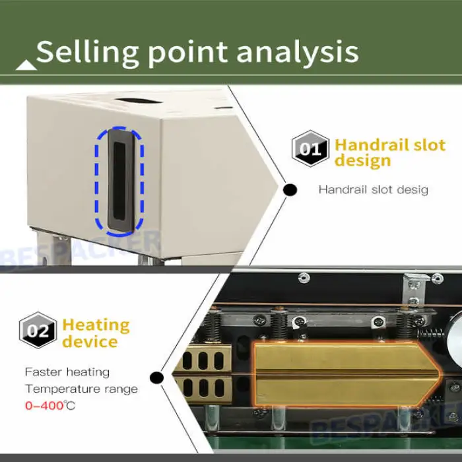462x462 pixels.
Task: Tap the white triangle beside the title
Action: coord(26,64)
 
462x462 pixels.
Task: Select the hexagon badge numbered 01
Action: coord(310,148)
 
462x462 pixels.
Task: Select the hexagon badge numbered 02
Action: coord(38,330)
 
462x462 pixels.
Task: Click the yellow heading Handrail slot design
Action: coord(389,153)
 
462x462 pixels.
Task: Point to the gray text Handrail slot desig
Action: coord(373,190)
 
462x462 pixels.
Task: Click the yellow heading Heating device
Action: coord(96,333)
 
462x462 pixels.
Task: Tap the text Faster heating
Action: coord(67,372)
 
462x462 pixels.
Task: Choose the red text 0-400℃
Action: coord(50,405)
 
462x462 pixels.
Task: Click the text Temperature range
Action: coord(81,389)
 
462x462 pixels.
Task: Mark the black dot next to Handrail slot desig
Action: coord(290,190)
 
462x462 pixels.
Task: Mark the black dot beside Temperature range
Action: coord(156,378)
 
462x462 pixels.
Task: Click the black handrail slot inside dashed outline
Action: coord(119,181)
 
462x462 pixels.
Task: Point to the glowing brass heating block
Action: coord(343,373)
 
